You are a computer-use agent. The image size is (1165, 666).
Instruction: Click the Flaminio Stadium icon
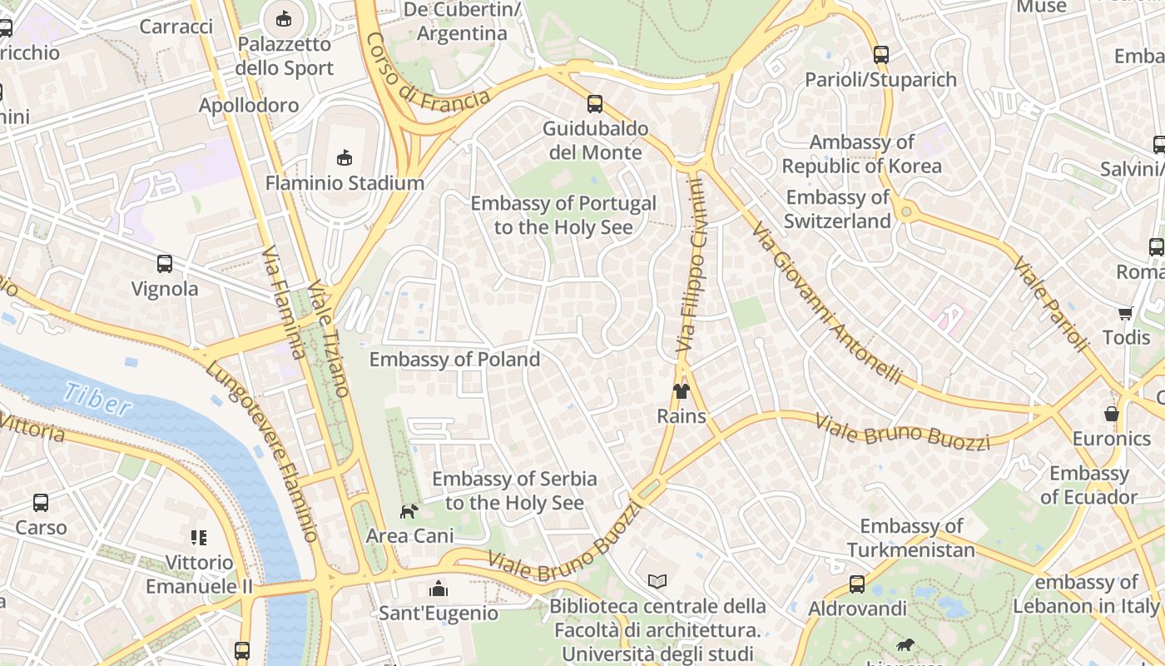(x=344, y=157)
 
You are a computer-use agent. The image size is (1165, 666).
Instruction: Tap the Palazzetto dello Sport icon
(x=284, y=17)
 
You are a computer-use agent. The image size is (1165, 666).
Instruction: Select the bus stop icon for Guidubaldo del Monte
(x=594, y=104)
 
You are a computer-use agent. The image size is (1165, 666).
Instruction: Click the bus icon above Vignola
(x=165, y=264)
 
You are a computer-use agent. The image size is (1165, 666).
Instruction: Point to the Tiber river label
(x=97, y=400)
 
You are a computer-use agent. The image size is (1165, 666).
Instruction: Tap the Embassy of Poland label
(x=454, y=360)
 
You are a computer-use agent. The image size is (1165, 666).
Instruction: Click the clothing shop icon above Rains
(x=682, y=391)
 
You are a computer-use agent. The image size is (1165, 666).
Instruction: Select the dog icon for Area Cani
(x=409, y=511)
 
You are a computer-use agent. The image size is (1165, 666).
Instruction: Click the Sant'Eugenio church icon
(x=439, y=589)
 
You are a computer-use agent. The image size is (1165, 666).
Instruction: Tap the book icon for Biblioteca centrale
(x=657, y=581)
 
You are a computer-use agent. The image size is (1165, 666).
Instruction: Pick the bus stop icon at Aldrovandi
(x=857, y=584)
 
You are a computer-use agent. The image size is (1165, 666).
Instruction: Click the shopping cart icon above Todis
(x=1125, y=313)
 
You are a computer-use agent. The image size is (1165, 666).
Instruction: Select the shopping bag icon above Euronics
(x=1111, y=414)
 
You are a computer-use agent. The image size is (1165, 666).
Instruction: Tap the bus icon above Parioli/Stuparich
(x=881, y=55)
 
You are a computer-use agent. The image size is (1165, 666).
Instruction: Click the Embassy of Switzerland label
(x=837, y=209)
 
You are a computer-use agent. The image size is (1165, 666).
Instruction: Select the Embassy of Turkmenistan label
(x=911, y=538)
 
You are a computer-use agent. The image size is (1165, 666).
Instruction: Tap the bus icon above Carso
(x=41, y=503)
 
